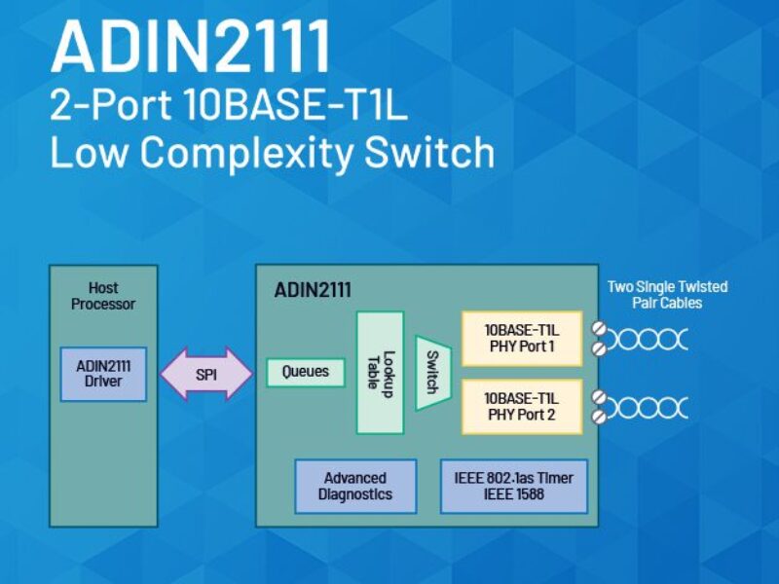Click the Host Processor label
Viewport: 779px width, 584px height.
[103, 296]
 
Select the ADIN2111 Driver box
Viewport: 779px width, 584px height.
[103, 374]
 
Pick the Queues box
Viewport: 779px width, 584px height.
[306, 372]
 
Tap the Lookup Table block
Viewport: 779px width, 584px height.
[380, 372]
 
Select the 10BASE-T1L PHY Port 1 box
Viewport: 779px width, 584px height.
[521, 338]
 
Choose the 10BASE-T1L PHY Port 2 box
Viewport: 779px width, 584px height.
[521, 407]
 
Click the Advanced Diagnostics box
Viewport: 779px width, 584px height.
[355, 486]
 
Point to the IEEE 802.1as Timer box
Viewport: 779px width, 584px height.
[514, 486]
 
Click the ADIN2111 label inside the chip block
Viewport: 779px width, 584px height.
[313, 290]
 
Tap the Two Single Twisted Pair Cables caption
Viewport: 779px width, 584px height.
[667, 294]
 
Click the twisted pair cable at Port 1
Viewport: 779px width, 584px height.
[648, 339]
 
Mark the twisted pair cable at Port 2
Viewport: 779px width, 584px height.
[648, 407]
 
